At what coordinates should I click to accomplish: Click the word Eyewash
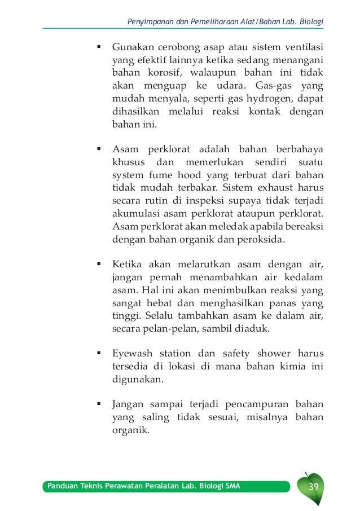click(x=131, y=355)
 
